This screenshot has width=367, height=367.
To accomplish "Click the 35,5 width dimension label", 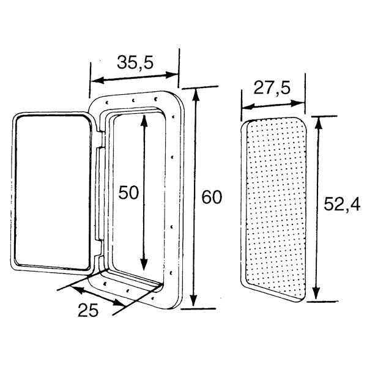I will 135,62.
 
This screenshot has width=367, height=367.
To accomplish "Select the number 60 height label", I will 210,198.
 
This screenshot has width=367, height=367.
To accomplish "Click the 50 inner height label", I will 130,193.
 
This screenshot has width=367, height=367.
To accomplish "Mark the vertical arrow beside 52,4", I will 316,208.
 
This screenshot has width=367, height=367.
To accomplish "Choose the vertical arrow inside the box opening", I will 145,193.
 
